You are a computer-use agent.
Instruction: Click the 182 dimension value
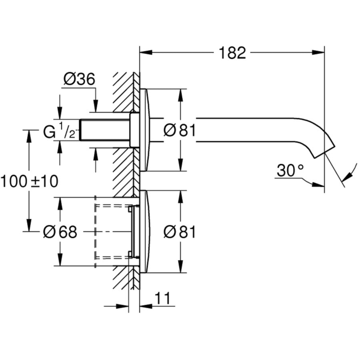coord(232,52)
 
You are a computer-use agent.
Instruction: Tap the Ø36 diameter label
coord(79,79)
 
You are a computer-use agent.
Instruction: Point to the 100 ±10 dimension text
coord(29,182)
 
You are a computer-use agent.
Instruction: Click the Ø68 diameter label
coord(60,232)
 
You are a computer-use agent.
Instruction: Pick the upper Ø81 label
coord(180,130)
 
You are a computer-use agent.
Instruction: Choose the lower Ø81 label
coord(180,232)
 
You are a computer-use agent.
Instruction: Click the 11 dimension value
coord(162,298)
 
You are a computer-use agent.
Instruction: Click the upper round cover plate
coord(144,130)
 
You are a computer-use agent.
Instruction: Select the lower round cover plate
coord(144,232)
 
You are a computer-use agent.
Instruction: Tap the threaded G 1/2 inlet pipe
coord(105,130)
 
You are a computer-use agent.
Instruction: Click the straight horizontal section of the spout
coord(248,130)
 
